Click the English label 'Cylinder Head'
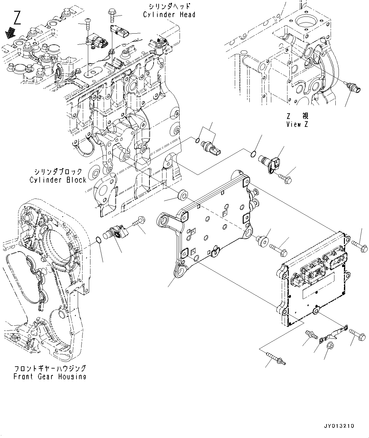coord(169,15)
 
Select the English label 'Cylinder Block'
coord(58,180)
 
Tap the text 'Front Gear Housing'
coord(50,376)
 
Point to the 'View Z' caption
coord(297,124)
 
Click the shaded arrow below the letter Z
coord(12,31)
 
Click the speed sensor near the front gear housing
coord(117,233)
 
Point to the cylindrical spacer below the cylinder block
coord(183,194)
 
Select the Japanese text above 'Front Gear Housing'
coord(50,369)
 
